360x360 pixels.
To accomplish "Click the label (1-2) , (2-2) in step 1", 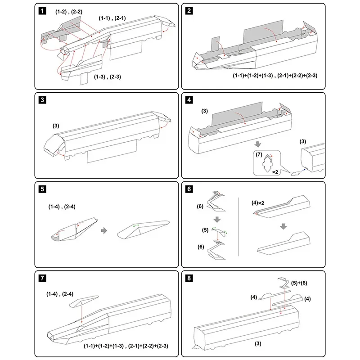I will click(x=68, y=10).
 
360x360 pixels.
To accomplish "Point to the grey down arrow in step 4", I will click(x=257, y=144).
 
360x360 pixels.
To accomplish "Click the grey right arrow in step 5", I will click(x=104, y=230).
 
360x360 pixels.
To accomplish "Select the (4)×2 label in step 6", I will click(x=259, y=203).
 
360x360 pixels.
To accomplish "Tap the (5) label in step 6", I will click(x=205, y=230).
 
